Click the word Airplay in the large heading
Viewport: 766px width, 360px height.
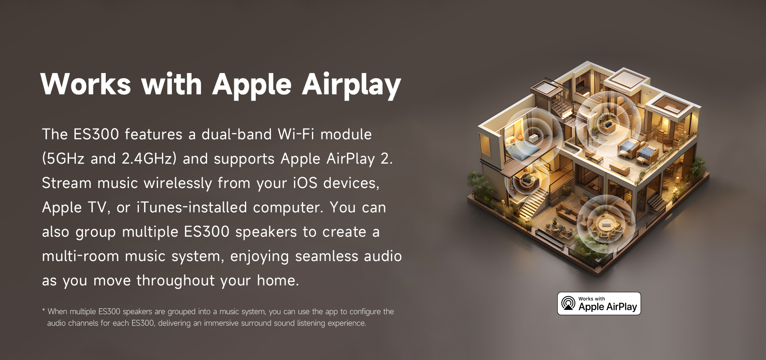(x=351, y=85)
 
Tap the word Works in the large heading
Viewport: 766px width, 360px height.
(x=86, y=84)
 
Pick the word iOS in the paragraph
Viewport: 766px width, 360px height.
(x=305, y=183)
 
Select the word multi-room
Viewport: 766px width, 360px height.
(x=81, y=256)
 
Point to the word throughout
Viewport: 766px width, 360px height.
(x=176, y=281)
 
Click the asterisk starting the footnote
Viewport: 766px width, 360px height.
(x=43, y=310)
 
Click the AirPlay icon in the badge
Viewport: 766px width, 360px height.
(x=568, y=303)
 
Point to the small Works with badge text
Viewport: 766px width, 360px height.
(x=592, y=299)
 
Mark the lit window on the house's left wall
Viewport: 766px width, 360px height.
(x=486, y=145)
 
